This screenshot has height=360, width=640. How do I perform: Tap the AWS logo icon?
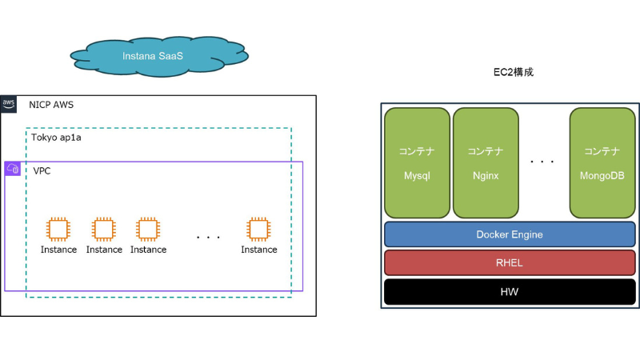[x=9, y=104]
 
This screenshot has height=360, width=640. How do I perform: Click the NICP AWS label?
[x=51, y=105]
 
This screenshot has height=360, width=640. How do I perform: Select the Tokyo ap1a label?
[x=56, y=138]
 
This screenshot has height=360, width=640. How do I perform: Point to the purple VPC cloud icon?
[x=13, y=169]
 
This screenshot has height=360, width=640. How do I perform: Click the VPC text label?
[x=42, y=171]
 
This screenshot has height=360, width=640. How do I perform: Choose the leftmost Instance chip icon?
[x=58, y=229]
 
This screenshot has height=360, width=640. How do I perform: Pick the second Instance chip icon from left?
[x=104, y=229]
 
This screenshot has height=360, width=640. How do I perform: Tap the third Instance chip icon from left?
[x=148, y=229]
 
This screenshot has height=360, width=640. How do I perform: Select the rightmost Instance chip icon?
[x=258, y=229]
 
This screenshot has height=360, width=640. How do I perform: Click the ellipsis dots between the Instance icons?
[x=208, y=237]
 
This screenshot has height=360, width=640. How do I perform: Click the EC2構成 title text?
[x=513, y=72]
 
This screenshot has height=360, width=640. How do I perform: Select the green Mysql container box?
[x=417, y=163]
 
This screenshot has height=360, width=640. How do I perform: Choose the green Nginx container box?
[x=486, y=163]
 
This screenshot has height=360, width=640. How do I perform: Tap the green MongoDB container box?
[x=602, y=163]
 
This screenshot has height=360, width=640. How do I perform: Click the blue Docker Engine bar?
[x=510, y=234]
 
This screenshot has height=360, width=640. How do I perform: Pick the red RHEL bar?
[x=510, y=263]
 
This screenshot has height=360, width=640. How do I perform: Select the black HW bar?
[x=510, y=292]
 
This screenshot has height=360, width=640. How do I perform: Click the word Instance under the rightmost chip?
[x=259, y=250]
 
